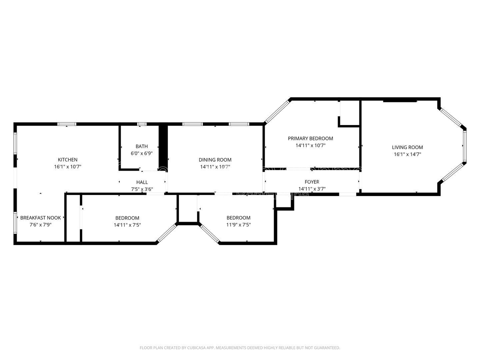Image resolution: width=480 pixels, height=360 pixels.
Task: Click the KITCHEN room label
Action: pyautogui.click(x=68, y=160)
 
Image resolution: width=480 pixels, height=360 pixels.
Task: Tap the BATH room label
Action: pyautogui.click(x=142, y=146)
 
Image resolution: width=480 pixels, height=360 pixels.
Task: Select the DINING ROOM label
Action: pyautogui.click(x=215, y=160)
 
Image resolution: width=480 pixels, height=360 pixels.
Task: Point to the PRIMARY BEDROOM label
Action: pyautogui.click(x=310, y=138)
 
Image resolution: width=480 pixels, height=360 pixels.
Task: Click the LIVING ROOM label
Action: pyautogui.click(x=407, y=147)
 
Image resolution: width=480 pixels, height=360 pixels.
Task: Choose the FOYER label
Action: pyautogui.click(x=312, y=182)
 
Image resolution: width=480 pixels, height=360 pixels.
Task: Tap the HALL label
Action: pyautogui.click(x=142, y=182)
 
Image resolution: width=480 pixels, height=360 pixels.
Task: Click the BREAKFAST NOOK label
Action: pyautogui.click(x=41, y=218)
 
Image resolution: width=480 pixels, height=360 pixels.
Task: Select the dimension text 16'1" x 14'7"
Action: pyautogui.click(x=407, y=154)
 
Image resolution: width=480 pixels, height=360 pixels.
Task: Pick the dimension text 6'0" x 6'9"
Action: pyautogui.click(x=142, y=153)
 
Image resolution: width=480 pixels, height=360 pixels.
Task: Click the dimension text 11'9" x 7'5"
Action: pyautogui.click(x=238, y=225)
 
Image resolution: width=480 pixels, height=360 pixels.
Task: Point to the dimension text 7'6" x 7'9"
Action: pyautogui.click(x=41, y=225)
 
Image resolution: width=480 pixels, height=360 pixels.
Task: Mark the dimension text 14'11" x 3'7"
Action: pyautogui.click(x=312, y=189)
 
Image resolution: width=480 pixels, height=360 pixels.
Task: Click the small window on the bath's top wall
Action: pyautogui.click(x=142, y=124)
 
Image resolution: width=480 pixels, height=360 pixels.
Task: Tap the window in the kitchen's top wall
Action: pyautogui.click(x=67, y=124)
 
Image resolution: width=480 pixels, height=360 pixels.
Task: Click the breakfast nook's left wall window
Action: pyautogui.click(x=15, y=222)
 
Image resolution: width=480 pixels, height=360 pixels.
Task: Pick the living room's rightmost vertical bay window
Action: pyautogui.click(x=464, y=146)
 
